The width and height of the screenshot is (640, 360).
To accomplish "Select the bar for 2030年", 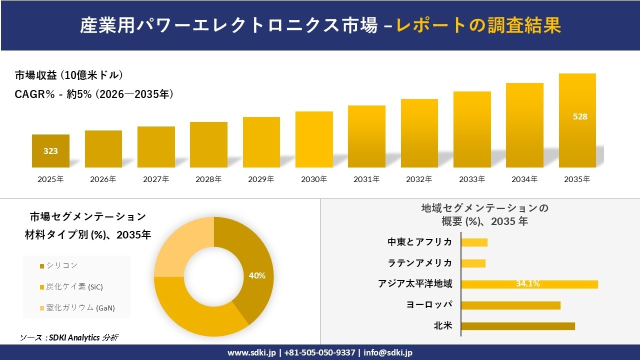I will [x=314, y=139].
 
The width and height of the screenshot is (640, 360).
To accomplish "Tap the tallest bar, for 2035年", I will [x=577, y=120].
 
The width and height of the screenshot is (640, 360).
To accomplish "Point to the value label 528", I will [x=580, y=116].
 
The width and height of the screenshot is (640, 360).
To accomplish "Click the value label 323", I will [x=50, y=151].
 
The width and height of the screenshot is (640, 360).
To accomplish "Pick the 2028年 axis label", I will [x=208, y=179].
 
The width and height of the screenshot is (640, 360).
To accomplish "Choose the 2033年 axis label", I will [x=471, y=179].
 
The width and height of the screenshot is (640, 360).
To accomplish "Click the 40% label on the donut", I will [x=257, y=275].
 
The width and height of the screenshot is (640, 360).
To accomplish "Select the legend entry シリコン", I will [x=62, y=265].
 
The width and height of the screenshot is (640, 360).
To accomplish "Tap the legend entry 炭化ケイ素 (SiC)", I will [x=74, y=287].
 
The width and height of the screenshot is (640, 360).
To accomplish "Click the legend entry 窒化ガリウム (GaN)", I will [x=80, y=308].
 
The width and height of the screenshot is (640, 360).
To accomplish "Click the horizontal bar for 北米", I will [x=517, y=326].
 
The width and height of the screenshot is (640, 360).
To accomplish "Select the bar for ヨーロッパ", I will [x=510, y=305].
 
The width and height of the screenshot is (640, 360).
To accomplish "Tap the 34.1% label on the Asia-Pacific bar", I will [x=527, y=284].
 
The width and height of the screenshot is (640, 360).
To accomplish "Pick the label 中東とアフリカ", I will [x=420, y=242].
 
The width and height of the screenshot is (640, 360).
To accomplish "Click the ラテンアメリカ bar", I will [x=473, y=263].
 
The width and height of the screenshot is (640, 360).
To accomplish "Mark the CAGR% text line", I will [x=94, y=94].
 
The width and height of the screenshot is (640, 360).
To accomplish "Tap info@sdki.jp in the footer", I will [x=388, y=352].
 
